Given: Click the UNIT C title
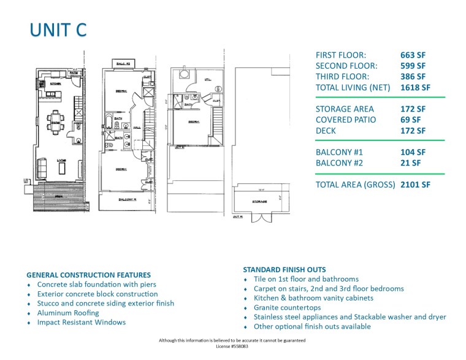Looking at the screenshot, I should point(58,30).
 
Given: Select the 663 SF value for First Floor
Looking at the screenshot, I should point(413,55).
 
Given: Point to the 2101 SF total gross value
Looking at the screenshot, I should point(415,184).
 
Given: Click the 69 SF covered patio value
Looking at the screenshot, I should point(408,120).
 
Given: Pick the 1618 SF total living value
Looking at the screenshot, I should point(415,88).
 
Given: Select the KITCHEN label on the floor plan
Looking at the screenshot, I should point(55,83).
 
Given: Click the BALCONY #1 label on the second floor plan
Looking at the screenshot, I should point(128,200).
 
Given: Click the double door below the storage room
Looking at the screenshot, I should point(262,218).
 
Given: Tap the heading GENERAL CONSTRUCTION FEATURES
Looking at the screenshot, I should point(88,275).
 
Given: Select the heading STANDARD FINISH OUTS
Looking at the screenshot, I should point(285,269).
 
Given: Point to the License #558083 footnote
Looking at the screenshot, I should point(232,347).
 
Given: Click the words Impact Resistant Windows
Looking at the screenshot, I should point(81,322).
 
